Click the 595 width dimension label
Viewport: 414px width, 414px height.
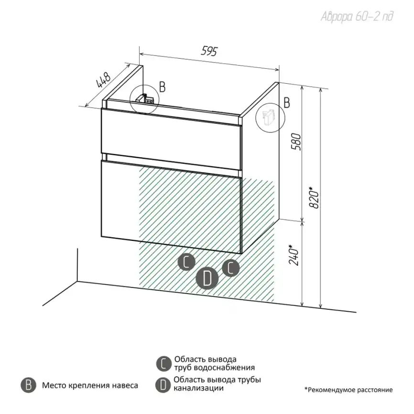click(x=209, y=51)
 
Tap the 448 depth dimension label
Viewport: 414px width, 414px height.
click(x=103, y=79)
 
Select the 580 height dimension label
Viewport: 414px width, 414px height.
click(x=296, y=142)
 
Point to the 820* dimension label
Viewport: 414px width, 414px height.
click(x=314, y=197)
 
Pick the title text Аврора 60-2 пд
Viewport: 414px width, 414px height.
click(x=357, y=17)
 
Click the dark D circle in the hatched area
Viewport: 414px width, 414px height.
click(x=207, y=278)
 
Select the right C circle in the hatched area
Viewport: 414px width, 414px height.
click(x=231, y=268)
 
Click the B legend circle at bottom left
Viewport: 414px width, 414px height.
click(x=28, y=385)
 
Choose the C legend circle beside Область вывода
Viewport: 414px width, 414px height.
click(x=163, y=364)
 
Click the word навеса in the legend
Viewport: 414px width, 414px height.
click(x=125, y=385)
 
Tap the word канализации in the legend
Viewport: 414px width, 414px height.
click(x=198, y=388)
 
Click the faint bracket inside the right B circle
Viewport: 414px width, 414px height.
click(x=268, y=117)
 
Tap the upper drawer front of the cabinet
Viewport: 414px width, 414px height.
click(x=172, y=139)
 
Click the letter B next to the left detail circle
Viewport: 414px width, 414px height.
click(x=163, y=87)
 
